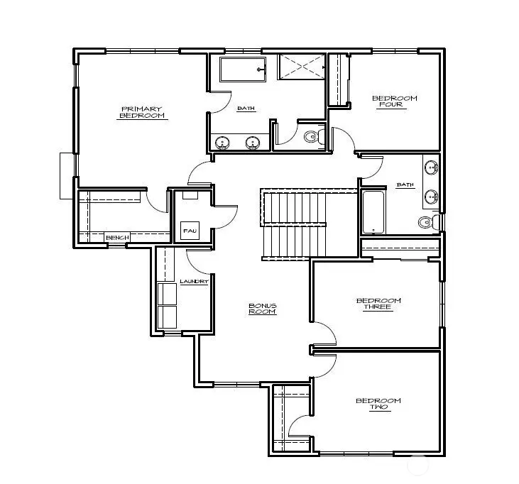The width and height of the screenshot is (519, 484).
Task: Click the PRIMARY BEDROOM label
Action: click(x=141, y=112)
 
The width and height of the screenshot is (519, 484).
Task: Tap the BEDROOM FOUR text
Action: click(x=395, y=101)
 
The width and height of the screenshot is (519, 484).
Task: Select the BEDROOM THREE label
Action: click(x=378, y=304)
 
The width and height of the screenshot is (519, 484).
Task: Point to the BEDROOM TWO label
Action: click(x=378, y=405)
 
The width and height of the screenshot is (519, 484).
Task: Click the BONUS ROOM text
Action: click(x=262, y=309)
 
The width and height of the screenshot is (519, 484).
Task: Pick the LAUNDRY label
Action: click(x=193, y=282)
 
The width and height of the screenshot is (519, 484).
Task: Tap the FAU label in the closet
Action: click(x=189, y=231)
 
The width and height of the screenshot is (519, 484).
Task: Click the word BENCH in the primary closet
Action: click(x=116, y=238)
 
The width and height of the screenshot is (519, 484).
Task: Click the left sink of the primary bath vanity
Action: click(x=222, y=143)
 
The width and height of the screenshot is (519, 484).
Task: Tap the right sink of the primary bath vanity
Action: click(x=252, y=143)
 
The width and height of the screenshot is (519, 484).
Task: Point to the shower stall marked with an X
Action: click(x=302, y=68)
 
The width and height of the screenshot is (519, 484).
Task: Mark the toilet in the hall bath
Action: click(x=427, y=222)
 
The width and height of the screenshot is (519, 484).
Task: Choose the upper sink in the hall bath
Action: click(x=430, y=168)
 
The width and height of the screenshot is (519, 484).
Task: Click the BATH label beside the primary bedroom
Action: click(x=246, y=109)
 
